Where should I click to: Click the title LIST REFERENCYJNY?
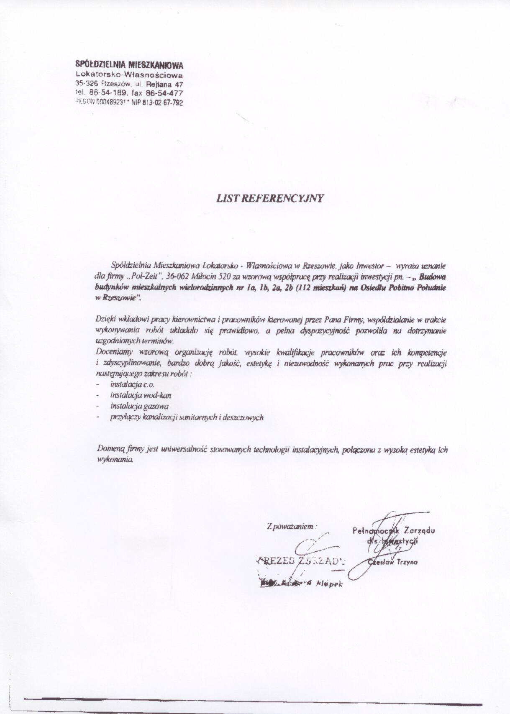coord(270,198)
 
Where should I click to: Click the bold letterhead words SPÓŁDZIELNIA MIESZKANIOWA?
coord(129,65)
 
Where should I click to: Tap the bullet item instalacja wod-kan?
coord(141,395)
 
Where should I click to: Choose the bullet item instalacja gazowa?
coord(139,406)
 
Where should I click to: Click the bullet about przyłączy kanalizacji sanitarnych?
coord(187,417)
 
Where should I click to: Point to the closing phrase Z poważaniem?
coord(291,526)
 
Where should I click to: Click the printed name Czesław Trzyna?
coord(392,562)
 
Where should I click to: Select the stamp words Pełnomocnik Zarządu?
coord(393,531)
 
